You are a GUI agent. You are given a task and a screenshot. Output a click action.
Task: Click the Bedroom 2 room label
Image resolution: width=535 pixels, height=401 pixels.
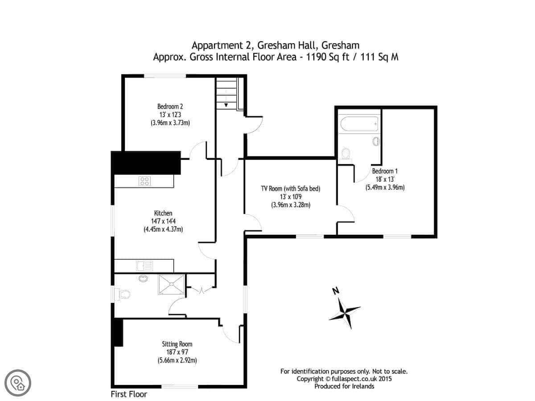[170, 106]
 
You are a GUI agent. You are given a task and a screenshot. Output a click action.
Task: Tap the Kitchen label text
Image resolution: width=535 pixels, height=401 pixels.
[163, 213]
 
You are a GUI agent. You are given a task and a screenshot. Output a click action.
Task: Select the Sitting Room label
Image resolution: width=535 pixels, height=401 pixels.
[177, 344]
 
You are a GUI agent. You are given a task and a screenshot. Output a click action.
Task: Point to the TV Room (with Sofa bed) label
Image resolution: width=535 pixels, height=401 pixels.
[291, 188]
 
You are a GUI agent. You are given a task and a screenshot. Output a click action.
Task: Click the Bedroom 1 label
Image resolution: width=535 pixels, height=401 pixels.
[385, 171]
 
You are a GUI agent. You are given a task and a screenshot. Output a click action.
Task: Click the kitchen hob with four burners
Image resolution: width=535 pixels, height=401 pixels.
[144, 181]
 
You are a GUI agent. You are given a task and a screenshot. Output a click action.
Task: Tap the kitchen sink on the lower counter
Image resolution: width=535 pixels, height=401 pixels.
[144, 266]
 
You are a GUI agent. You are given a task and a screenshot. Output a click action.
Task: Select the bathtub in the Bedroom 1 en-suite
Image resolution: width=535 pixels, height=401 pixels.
[359, 124]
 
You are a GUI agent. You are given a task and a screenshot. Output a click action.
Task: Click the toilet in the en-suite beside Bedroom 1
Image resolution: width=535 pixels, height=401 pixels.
[346, 155]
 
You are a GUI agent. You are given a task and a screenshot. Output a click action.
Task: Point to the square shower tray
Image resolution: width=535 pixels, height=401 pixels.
[171, 284]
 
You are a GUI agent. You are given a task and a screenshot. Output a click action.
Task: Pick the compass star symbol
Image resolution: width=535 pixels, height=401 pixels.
[344, 313]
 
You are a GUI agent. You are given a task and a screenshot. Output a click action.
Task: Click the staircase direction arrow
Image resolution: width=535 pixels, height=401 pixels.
[226, 105]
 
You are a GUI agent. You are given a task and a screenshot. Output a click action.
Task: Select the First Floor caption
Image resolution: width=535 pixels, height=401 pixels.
[129, 394]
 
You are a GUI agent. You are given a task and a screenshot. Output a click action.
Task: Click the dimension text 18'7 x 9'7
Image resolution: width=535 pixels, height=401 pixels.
[177, 352]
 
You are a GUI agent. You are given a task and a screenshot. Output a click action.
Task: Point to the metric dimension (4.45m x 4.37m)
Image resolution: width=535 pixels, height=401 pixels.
[163, 229]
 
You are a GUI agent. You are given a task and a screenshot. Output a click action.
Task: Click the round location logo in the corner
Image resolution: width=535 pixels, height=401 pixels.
[18, 383]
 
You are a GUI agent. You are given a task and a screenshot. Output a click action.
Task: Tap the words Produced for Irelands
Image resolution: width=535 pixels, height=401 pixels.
[344, 386]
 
